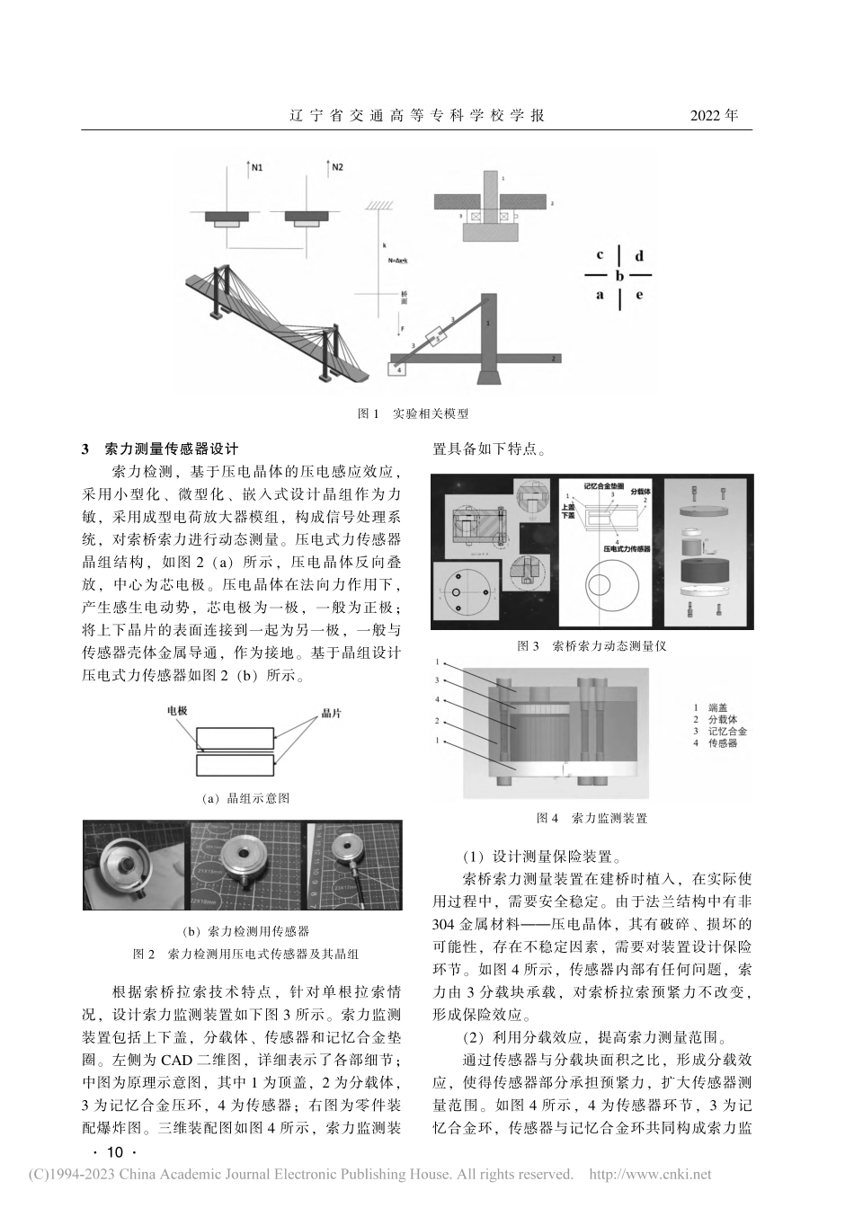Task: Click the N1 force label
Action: [x=258, y=167]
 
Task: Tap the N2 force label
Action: [x=337, y=167]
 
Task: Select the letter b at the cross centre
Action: [x=619, y=276]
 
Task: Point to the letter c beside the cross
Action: [x=599, y=255]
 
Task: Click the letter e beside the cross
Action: [x=639, y=295]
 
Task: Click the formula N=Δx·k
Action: [x=398, y=261]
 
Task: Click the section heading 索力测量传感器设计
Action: [x=171, y=449]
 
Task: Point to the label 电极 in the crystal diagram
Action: [x=177, y=710]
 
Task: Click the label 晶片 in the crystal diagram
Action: [x=334, y=712]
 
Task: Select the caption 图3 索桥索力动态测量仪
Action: [x=592, y=645]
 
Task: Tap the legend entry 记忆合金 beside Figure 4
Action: [x=726, y=731]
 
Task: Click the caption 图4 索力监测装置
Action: [x=592, y=817]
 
